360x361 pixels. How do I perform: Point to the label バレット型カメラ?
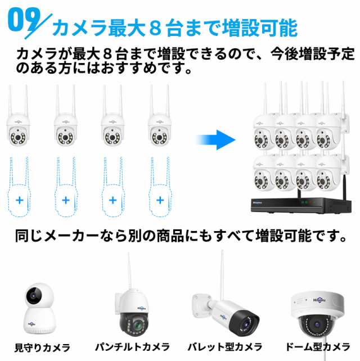(x=224, y=347)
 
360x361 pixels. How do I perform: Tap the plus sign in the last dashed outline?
(x=160, y=200)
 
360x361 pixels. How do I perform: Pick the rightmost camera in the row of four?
(x=160, y=121)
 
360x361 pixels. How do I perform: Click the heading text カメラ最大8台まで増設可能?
(x=174, y=26)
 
